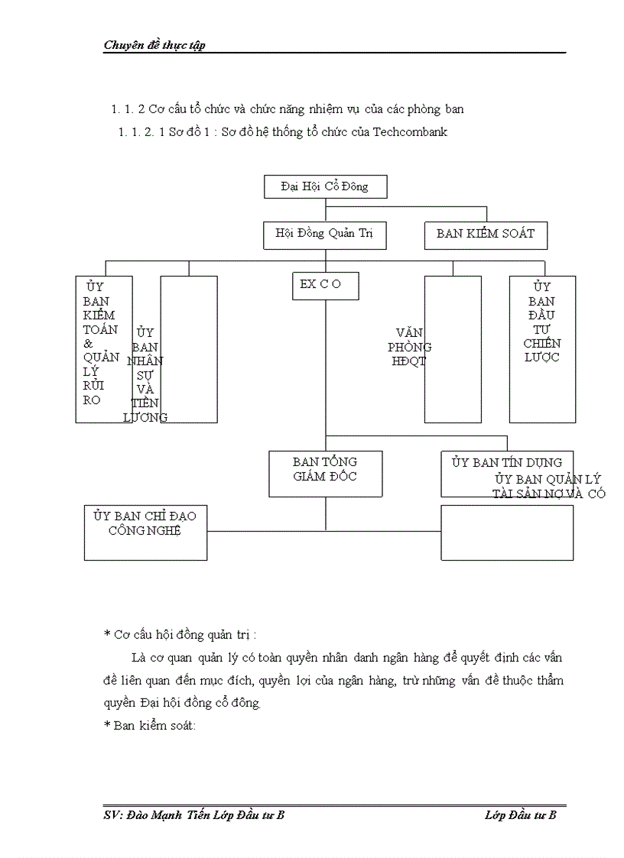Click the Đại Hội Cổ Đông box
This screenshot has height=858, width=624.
click(x=325, y=186)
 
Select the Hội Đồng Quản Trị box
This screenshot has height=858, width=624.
click(x=324, y=234)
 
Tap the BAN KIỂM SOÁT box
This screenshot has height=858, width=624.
click(x=486, y=234)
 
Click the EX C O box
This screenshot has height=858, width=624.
click(x=325, y=285)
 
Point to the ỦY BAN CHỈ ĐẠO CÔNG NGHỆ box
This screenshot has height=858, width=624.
click(x=145, y=531)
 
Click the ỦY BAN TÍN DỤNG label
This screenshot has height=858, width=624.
click(x=506, y=462)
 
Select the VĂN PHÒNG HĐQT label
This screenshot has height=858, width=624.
click(x=411, y=347)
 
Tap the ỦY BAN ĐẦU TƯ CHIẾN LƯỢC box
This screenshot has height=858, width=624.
click(x=542, y=348)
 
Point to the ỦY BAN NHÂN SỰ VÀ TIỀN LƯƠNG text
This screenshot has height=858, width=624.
click(x=145, y=374)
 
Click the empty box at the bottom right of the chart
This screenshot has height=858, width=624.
click(x=507, y=533)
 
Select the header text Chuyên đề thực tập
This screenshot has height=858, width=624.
click(x=154, y=45)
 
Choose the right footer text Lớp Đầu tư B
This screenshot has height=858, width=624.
click(x=520, y=815)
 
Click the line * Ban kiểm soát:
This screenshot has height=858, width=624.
click(x=150, y=725)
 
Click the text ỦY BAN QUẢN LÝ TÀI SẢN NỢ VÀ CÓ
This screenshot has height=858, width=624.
click(x=548, y=486)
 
